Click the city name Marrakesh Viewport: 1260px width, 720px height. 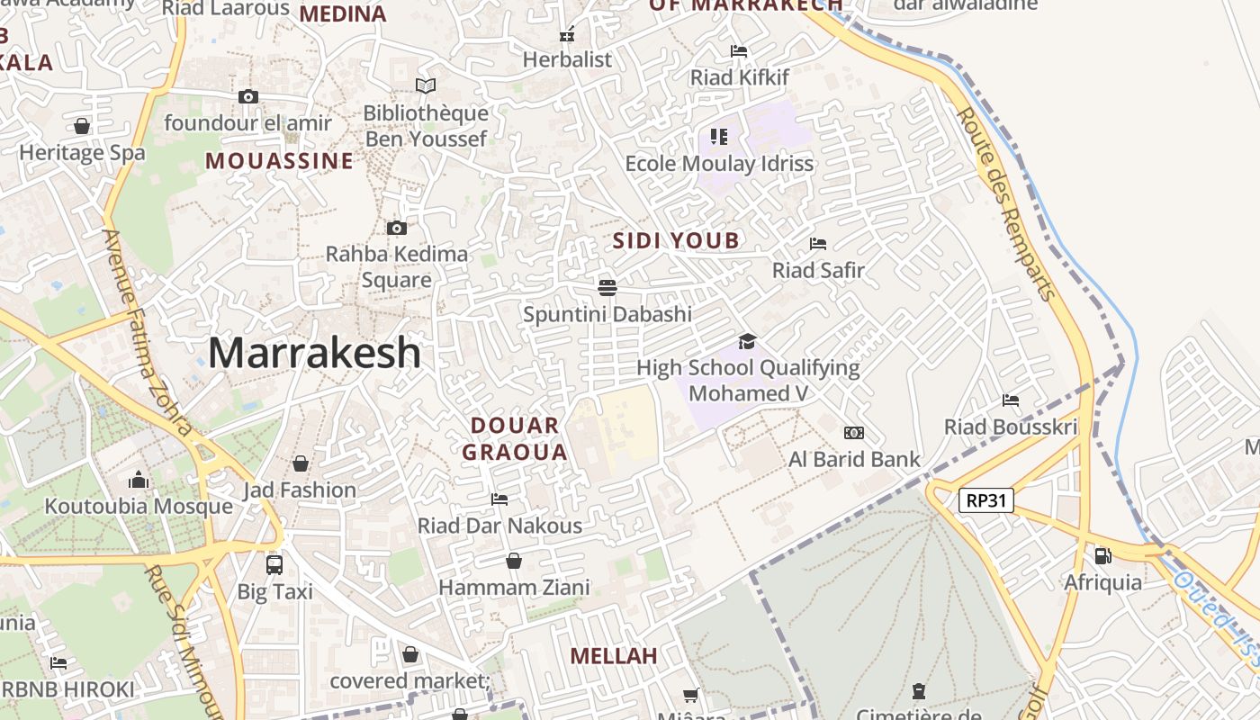(314, 353)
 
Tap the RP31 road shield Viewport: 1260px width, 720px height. (985, 500)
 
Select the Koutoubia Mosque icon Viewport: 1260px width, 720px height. (139, 479)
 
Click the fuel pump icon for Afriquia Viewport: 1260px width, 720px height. (1102, 555)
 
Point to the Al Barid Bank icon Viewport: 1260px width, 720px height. (853, 433)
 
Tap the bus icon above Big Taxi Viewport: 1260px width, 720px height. (274, 564)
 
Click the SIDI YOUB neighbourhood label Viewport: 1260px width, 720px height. (675, 240)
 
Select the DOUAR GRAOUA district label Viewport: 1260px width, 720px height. (515, 438)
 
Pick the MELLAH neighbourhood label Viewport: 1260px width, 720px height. (614, 656)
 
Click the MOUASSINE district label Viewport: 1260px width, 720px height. (279, 161)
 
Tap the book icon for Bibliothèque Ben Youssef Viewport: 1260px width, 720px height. (426, 85)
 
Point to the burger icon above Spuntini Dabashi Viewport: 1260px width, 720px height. (607, 287)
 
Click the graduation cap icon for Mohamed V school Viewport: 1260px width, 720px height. (747, 341)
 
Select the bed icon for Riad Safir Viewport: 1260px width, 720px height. (817, 243)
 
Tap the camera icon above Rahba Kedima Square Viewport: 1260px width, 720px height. (396, 228)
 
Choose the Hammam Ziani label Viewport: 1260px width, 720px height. (514, 588)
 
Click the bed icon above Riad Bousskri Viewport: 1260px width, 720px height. (1010, 400)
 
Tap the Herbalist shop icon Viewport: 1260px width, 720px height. (567, 35)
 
